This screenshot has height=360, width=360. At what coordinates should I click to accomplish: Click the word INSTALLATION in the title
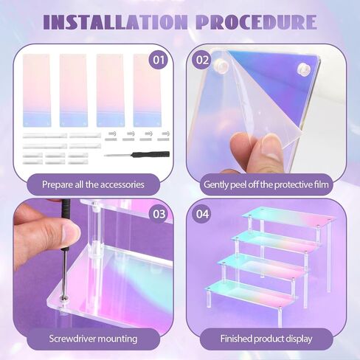[x=115, y=22]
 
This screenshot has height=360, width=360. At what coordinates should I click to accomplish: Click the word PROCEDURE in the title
[x=256, y=22]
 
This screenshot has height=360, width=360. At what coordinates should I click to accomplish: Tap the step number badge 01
[x=159, y=60]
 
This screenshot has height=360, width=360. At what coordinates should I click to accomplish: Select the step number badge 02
[x=202, y=60]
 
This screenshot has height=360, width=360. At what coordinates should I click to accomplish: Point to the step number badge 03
[x=159, y=214]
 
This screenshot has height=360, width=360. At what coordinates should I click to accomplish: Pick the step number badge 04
[x=202, y=214]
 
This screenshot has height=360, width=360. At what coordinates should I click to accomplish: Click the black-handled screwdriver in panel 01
[x=137, y=155]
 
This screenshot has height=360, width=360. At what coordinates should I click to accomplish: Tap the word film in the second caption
[x=320, y=184]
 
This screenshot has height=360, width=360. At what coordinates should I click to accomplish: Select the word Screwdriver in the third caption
[x=71, y=339]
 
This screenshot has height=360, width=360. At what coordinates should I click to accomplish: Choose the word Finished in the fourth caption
[x=236, y=339]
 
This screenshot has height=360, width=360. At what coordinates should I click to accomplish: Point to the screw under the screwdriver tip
[x=64, y=298]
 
